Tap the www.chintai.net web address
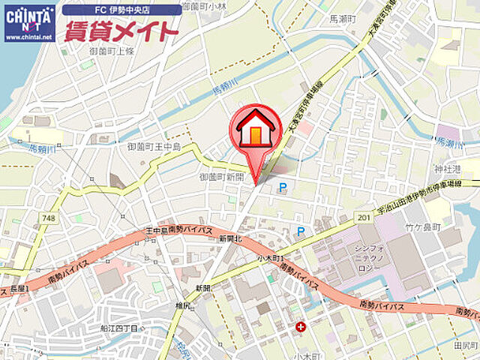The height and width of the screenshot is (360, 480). pos(28,36)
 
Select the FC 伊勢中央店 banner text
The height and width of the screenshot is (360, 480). pos(121,10)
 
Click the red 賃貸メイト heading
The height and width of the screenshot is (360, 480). pos(121,31)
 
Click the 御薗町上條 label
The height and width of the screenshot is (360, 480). pos(111,51)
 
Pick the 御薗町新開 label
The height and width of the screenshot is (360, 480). pos(222,177)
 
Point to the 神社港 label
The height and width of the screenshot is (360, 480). pos(448,169)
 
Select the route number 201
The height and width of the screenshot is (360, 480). pos(364,217)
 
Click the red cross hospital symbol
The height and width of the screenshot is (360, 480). pos(301,327)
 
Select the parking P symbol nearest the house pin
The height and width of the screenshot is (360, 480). pos(283,188)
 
